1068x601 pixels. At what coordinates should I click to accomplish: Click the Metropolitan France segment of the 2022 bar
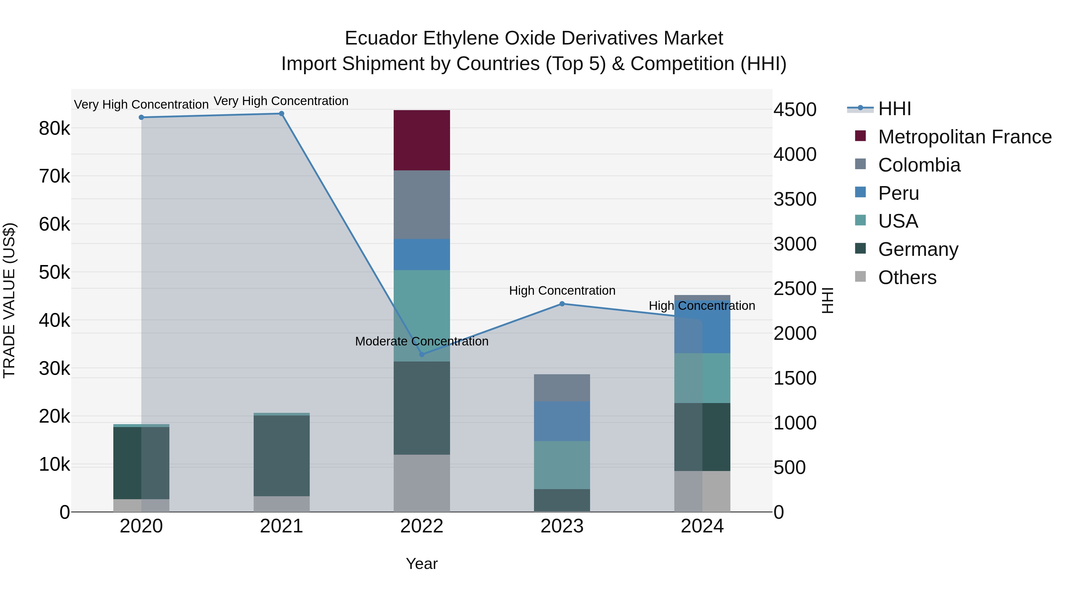point(422,140)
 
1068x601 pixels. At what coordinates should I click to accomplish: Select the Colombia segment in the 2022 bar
point(422,204)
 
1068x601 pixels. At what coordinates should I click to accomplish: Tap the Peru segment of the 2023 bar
point(562,421)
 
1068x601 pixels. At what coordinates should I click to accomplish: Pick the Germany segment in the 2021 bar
point(282,455)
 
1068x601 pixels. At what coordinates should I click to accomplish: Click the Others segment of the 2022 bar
point(422,483)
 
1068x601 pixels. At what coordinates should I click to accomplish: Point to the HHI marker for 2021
point(282,114)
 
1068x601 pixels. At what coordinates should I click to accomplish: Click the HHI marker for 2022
point(422,355)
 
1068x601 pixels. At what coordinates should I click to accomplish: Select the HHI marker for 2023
point(562,304)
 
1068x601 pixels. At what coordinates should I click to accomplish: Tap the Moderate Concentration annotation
point(422,341)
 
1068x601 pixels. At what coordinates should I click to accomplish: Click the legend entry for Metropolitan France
point(964,137)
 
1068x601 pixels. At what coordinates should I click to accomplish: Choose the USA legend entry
point(898,221)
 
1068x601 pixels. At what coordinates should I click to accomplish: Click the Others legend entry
point(907,277)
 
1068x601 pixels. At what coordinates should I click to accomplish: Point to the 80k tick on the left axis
point(54,129)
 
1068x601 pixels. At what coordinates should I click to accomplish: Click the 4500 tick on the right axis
point(795,110)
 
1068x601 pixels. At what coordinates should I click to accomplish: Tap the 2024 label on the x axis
point(702,526)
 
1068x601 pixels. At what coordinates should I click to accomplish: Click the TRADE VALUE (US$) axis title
point(9,300)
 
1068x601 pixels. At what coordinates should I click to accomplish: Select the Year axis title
point(422,564)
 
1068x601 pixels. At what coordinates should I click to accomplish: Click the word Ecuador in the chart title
point(381,38)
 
